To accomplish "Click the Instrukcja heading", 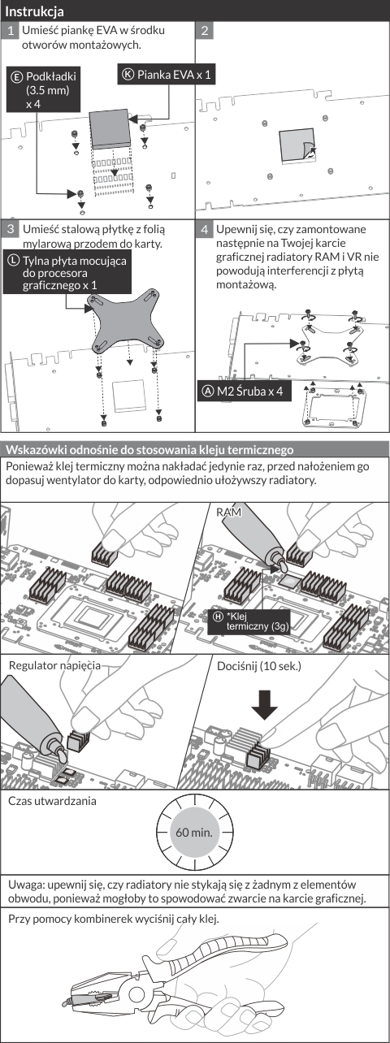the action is click(34, 11).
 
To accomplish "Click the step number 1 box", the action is click(11, 31).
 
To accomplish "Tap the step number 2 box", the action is click(205, 31).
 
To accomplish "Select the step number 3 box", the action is click(11, 229).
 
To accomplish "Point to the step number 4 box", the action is click(205, 229).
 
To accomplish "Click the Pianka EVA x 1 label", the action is click(167, 75).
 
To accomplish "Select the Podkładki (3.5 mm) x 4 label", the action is click(43, 90).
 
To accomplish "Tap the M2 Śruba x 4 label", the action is click(245, 392).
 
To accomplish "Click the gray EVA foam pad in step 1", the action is click(110, 128).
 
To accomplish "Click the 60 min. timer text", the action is click(194, 832).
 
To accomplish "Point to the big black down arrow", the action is click(264, 703).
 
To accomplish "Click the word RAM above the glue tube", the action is click(229, 513).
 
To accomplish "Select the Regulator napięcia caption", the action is click(54, 665).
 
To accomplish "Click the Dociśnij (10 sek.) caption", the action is click(259, 666).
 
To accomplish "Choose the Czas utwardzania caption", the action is click(52, 801).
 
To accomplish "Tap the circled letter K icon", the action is click(128, 74).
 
